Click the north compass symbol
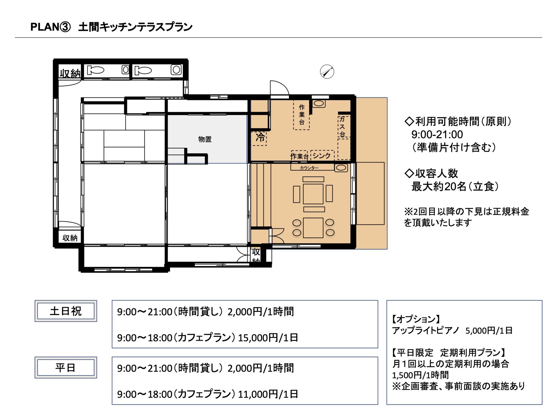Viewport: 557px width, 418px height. click(327, 72)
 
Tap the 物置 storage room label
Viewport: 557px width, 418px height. click(205, 139)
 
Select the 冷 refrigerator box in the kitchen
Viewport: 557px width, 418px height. click(259, 138)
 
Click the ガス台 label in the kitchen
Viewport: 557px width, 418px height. click(342, 127)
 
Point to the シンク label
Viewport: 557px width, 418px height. click(322, 156)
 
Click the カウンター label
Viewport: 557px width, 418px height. click(309, 168)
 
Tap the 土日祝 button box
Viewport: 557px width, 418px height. click(66, 311)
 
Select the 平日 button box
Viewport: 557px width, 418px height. click(66, 368)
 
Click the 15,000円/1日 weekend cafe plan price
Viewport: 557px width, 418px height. click(268, 338)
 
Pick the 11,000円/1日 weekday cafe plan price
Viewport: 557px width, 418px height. click(268, 394)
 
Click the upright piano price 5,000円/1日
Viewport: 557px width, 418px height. click(489, 331)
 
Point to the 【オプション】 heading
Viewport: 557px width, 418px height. click(416, 319)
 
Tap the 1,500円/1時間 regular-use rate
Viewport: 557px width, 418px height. click(420, 375)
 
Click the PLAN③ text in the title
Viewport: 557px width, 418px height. click(51, 27)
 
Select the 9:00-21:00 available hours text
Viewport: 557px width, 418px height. click(437, 134)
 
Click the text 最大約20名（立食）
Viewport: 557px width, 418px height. click(455, 187)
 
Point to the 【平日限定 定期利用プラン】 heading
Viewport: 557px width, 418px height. click(449, 353)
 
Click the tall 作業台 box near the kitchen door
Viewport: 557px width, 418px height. click(301, 115)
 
